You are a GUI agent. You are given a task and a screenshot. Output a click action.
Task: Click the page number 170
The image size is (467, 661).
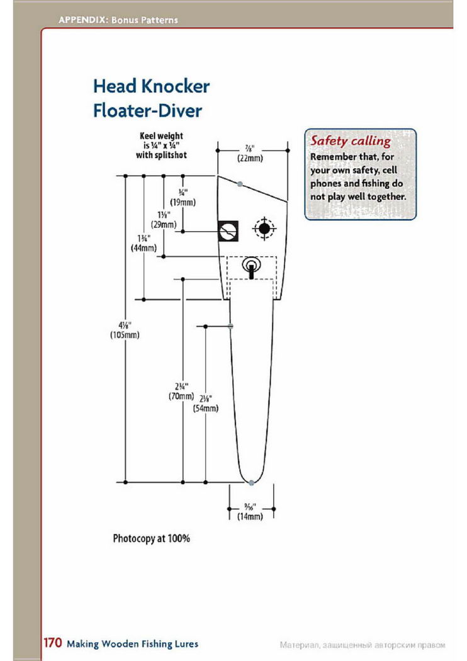[x=53, y=643]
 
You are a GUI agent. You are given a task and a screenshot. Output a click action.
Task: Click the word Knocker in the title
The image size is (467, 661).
[x=176, y=86]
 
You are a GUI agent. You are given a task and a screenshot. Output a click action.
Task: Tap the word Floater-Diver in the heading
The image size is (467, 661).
[x=147, y=111]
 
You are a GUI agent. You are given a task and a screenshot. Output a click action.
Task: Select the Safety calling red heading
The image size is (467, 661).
[x=351, y=141]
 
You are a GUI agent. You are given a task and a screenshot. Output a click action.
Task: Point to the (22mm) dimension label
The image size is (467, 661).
[x=250, y=158]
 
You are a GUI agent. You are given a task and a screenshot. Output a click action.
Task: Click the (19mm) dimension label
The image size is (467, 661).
[x=183, y=202]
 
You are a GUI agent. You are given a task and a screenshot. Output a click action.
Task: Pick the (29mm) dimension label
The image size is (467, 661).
[x=164, y=225]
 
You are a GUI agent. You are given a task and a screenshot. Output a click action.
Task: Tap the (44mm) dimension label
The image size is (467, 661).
[x=143, y=248]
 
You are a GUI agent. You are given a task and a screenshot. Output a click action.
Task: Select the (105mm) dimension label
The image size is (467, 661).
[x=125, y=335]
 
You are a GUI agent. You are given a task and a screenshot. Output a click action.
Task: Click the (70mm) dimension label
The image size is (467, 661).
[x=181, y=396]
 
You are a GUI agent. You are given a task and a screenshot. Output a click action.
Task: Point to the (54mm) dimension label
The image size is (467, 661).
[x=206, y=409]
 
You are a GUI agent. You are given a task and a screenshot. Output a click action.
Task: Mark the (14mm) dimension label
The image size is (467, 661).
[x=250, y=516]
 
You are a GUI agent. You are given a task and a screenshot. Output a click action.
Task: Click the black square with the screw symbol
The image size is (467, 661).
[x=228, y=231]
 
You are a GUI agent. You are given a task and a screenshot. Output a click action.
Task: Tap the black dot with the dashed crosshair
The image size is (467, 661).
[x=264, y=229]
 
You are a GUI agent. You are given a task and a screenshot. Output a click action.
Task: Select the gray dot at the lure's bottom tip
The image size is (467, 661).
[x=251, y=483]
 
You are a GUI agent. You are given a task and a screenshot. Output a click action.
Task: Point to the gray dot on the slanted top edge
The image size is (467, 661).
[x=240, y=184]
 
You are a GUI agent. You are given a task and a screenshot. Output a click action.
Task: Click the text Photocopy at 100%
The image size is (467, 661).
[x=151, y=538]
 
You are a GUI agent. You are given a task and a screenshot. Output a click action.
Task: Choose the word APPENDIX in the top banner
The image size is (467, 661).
[x=83, y=20]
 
